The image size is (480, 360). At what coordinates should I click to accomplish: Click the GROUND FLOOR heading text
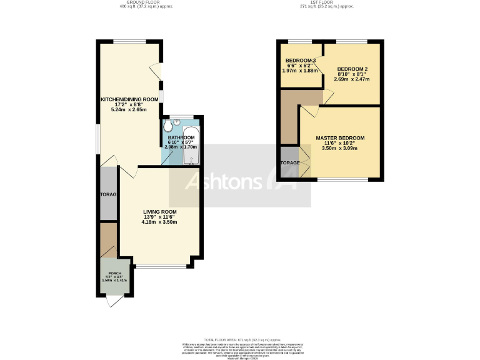[x=146, y=3]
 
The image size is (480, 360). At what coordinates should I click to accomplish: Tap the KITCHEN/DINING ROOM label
[x=129, y=99]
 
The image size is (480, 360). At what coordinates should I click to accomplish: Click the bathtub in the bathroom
[x=191, y=143]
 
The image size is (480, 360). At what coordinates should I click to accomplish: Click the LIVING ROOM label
[x=159, y=211]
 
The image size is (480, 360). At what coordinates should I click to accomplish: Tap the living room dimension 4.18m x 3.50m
[x=159, y=222]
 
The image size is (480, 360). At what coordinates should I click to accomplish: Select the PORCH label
[x=114, y=273]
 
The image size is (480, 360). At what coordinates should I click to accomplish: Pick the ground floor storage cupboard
[x=108, y=194]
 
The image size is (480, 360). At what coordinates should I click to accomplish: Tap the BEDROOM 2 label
[x=352, y=69]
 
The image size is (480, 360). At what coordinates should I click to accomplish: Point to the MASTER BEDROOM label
[x=339, y=137]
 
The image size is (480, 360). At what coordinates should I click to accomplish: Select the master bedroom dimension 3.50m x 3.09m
[x=339, y=149]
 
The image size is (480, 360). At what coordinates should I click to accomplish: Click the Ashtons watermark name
[x=225, y=182]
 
